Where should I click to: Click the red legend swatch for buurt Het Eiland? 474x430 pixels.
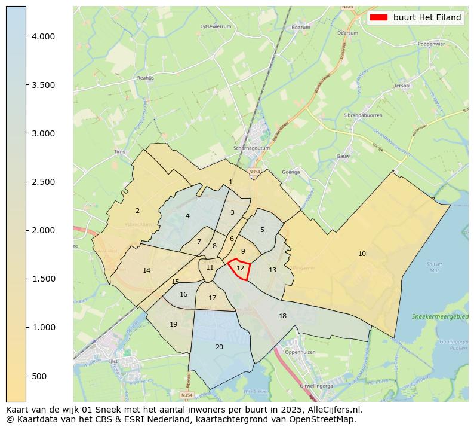click(378, 17)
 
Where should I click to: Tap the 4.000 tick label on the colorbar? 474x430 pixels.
click(43, 36)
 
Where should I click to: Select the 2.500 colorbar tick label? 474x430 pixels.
click(43, 182)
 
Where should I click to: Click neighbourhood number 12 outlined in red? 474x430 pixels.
click(240, 269)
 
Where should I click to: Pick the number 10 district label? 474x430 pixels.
click(362, 254)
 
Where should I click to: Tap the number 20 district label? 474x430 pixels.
click(219, 347)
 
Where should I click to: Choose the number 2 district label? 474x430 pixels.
click(137, 211)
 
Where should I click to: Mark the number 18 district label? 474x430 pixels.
click(282, 316)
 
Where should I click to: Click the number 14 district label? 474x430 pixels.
click(147, 270)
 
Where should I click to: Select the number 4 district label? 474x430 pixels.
click(187, 216)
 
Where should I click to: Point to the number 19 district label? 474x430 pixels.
click(173, 324)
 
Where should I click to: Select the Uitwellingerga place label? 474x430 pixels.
click(315, 386)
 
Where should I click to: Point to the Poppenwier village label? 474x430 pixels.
click(431, 44)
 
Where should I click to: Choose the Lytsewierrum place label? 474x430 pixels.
click(216, 26)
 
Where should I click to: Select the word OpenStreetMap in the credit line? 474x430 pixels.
click(325, 419)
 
